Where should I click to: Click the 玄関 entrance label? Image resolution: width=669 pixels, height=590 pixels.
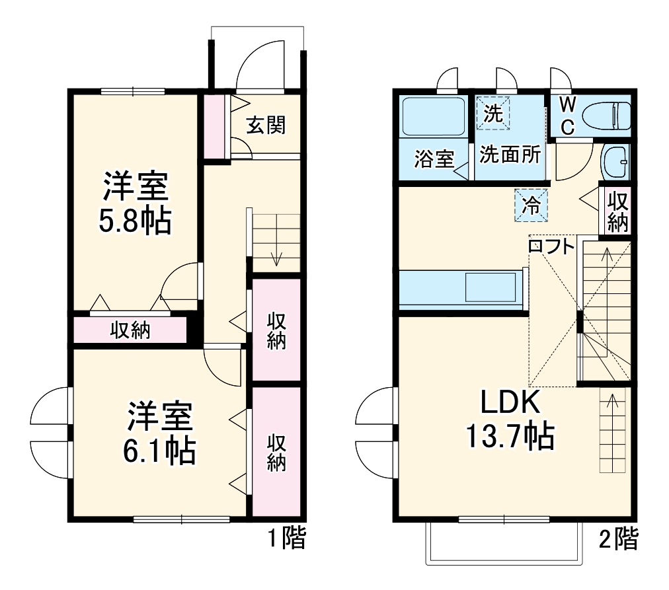coord(266,126)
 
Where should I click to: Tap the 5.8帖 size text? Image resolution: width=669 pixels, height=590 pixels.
coord(135,222)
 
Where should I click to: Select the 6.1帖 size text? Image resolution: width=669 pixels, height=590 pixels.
coord(159,451)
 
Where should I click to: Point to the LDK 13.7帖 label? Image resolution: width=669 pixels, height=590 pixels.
coord(510,419)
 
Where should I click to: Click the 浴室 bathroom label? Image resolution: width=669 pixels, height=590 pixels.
coord(434,159)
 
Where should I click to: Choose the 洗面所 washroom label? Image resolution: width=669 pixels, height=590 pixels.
coord(510,155)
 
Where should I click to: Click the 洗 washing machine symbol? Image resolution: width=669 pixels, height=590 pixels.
coord(492,113)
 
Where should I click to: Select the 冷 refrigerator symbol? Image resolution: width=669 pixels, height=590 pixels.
coord(531,205)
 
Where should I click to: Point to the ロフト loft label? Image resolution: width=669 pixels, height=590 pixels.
coord(551,246)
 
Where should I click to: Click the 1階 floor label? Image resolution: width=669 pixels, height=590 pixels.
coord(286,538)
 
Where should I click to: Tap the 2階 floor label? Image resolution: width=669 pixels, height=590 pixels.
coord(618,539)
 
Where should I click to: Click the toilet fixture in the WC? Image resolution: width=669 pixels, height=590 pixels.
coord(611,116)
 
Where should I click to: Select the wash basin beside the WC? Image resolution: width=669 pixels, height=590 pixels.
coord(615,162)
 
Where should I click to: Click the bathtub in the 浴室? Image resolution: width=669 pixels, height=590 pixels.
coord(433,119)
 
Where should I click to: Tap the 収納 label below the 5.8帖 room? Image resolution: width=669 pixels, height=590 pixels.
coord(130,330)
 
